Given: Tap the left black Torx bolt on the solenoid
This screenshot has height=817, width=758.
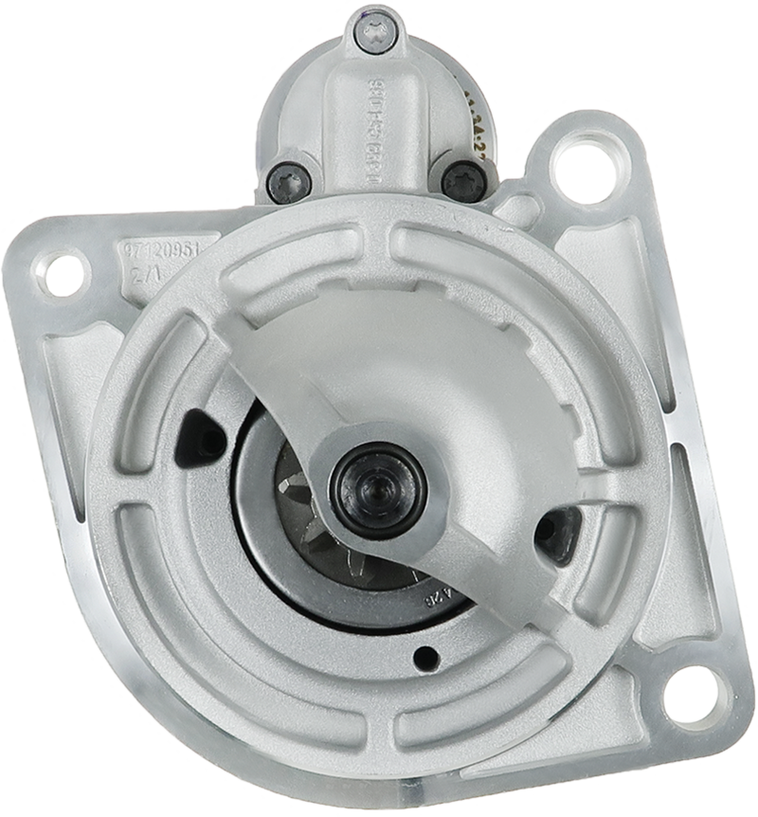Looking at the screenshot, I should pyautogui.click(x=289, y=182).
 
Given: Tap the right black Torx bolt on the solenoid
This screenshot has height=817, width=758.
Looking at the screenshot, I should pyautogui.click(x=464, y=180).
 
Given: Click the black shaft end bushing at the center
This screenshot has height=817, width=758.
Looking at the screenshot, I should pyautogui.click(x=378, y=490).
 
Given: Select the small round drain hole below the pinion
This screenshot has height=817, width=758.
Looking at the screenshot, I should pyautogui.click(x=426, y=658).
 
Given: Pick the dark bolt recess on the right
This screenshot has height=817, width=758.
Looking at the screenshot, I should pyautogui.click(x=557, y=534).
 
